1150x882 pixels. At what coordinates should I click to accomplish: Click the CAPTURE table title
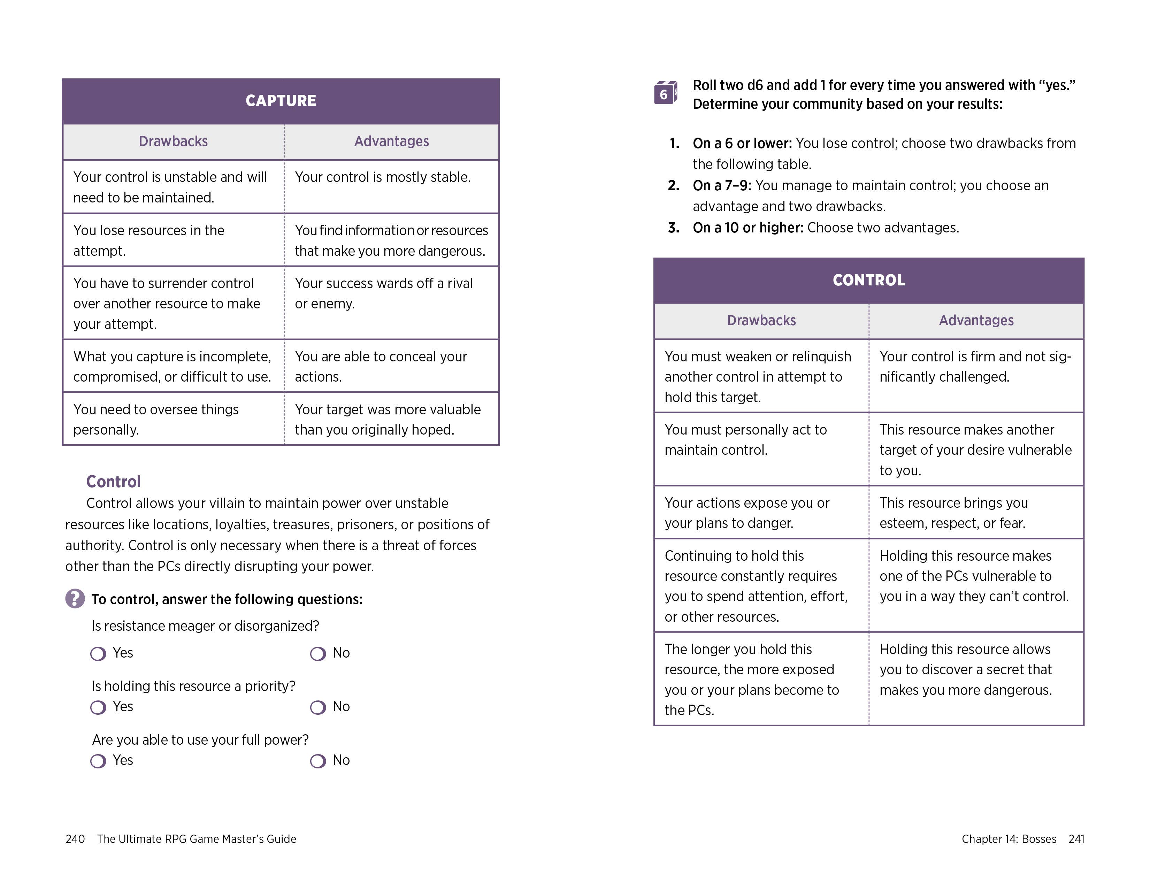tap(281, 101)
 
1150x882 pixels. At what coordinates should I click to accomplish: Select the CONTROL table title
tap(869, 280)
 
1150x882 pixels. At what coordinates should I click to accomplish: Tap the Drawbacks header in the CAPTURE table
tap(173, 141)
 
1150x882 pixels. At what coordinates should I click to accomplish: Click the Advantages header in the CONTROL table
tap(976, 320)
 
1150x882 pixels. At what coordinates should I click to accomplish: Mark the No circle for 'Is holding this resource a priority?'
tap(317, 707)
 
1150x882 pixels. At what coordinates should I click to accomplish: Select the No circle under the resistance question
tap(317, 654)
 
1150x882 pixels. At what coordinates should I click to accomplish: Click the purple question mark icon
tap(75, 598)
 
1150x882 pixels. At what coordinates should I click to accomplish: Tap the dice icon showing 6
tap(665, 93)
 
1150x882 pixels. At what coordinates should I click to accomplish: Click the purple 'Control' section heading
tap(113, 482)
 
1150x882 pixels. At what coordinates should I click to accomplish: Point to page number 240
tap(75, 839)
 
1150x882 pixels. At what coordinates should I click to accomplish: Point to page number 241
tap(1076, 839)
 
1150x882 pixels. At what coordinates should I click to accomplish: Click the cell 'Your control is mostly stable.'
tap(383, 177)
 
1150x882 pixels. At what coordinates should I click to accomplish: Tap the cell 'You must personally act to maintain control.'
tap(745, 439)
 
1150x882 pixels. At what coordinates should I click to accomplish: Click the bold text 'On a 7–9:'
tap(722, 186)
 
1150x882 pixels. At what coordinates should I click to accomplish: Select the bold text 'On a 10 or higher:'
tap(748, 228)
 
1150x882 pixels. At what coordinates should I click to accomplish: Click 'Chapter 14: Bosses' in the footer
tap(1008, 839)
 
